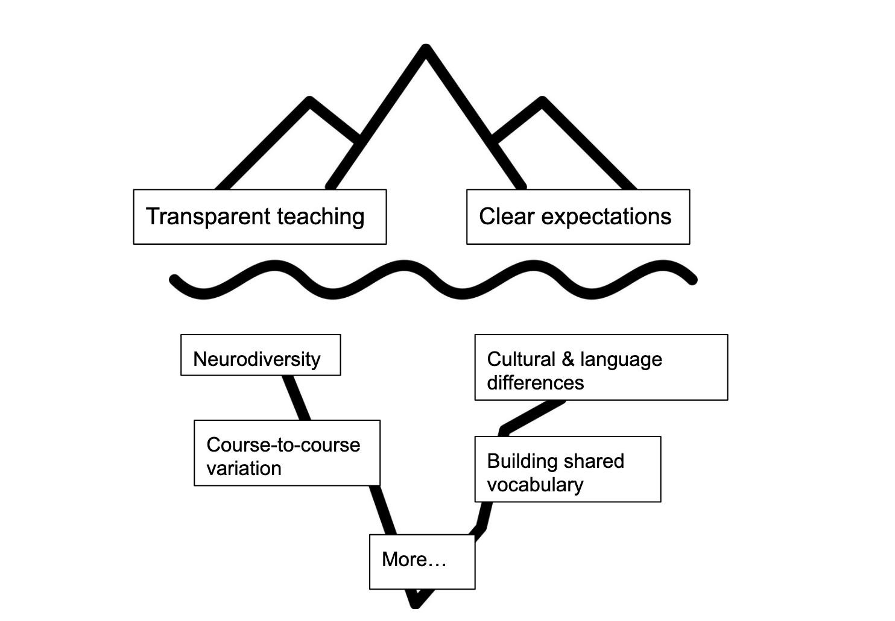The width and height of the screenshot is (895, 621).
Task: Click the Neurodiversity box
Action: point(261,355)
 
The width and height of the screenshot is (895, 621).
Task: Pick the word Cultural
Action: point(521,359)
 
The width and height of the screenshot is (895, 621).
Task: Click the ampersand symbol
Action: point(568,359)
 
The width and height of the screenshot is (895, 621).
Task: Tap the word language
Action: point(621,360)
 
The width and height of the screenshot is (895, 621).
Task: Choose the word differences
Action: point(536,383)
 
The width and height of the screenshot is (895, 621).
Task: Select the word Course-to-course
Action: point(283,445)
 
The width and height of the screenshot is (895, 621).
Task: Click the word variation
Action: point(244,468)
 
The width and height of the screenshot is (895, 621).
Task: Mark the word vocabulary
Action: point(535,485)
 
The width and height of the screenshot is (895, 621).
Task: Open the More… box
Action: point(422,561)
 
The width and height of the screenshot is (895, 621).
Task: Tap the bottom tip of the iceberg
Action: point(416,604)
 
